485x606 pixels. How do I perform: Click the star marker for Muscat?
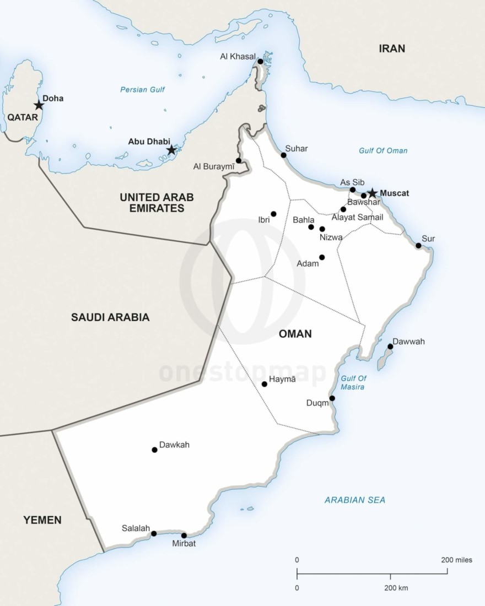pos(373,193)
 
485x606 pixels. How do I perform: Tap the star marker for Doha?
pos(39,105)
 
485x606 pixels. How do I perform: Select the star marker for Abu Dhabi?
pos(171,150)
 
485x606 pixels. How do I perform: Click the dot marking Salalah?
pos(154,533)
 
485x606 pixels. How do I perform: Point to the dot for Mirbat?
pos(184,535)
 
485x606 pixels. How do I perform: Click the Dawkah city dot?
pos(154,450)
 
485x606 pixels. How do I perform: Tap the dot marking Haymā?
pos(265,384)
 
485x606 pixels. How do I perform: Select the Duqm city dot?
pos(332,398)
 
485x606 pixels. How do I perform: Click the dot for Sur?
pos(418,246)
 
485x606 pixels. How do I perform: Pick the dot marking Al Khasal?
pos(260,61)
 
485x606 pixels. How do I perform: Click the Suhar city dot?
pos(284,155)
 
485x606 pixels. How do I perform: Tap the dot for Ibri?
pos(273,214)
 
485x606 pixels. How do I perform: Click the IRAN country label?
pos(392,48)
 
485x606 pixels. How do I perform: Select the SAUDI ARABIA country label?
pos(110,317)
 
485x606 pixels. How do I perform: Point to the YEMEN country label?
pos(42,520)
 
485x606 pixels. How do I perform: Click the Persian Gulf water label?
pos(143,89)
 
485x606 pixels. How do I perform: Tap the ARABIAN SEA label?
pos(355,500)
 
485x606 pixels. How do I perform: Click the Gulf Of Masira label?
pos(353,383)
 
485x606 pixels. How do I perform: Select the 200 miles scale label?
pos(456,560)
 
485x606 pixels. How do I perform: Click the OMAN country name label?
pos(295,334)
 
